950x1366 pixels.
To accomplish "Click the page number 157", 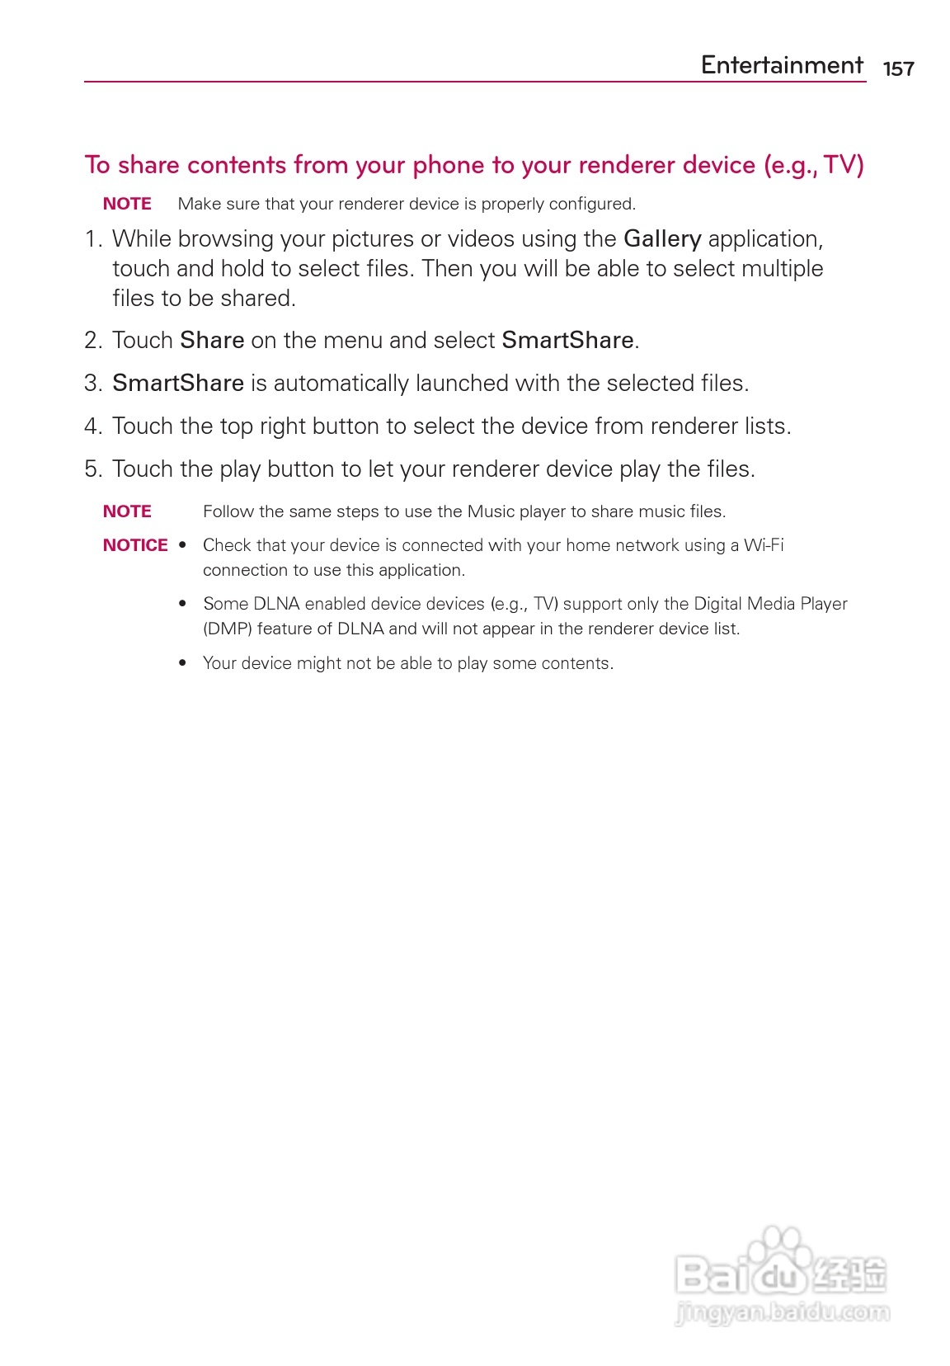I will (x=898, y=68).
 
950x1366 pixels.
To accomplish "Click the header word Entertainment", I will (x=782, y=65).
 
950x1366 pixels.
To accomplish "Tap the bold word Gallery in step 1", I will (x=662, y=239).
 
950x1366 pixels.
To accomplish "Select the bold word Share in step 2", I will (x=212, y=341).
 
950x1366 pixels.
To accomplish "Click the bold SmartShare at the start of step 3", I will (x=178, y=384).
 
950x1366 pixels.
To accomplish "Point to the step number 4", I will (x=92, y=426).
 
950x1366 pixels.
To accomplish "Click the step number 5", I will (x=92, y=469).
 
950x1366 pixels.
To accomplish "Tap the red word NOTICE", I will (x=135, y=545).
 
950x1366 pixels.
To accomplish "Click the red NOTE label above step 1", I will (x=127, y=204).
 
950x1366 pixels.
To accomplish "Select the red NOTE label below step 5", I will (x=127, y=511).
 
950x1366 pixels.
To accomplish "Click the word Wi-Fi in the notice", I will (x=764, y=545).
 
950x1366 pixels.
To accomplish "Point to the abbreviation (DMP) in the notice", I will (x=227, y=629).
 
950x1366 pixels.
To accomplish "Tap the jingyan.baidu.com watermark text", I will (x=782, y=1311).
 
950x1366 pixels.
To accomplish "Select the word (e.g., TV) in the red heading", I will (x=814, y=166).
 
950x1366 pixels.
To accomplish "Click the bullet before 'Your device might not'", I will (x=182, y=663).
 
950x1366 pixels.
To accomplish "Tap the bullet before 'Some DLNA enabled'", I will (x=182, y=604).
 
